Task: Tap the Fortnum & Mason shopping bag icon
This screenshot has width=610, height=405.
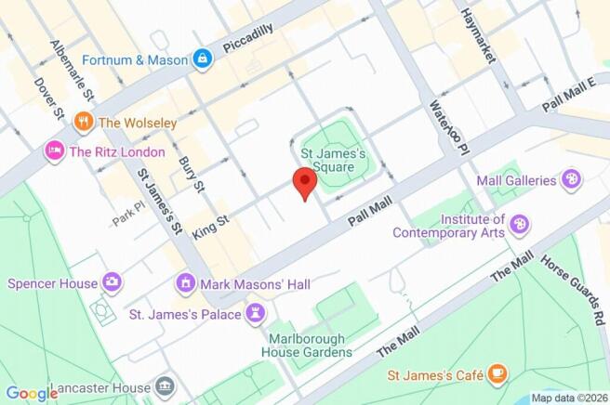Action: pos(203,59)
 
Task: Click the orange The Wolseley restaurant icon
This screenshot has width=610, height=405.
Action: pos(84,121)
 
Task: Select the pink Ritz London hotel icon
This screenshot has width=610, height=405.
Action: pos(54,151)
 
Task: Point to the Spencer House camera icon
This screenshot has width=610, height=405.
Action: pos(113,281)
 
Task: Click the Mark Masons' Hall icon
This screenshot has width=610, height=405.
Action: pos(186,283)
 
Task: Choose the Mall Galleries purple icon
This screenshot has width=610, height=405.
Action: pos(572,180)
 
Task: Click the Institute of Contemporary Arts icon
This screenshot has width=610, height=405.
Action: pos(520,224)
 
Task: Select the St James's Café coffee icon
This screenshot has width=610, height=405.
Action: pos(498,374)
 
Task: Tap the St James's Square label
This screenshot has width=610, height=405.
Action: pos(336,154)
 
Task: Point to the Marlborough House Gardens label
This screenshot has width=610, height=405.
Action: pos(310,345)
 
